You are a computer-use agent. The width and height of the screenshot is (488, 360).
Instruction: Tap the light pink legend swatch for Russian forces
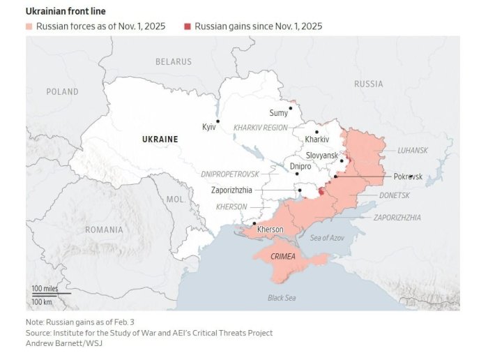30,27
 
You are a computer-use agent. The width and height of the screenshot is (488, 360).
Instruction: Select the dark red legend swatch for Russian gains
188,27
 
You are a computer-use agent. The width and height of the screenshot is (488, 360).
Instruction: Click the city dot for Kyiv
218,121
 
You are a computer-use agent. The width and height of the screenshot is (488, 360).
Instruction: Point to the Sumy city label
278,113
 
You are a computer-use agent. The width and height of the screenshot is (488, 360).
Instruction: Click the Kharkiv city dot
317,132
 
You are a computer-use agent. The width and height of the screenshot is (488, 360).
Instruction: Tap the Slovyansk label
322,154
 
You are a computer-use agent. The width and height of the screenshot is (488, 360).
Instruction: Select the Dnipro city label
300,166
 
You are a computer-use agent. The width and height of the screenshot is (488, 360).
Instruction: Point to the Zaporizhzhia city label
231,190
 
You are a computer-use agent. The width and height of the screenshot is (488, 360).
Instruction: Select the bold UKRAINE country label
160,140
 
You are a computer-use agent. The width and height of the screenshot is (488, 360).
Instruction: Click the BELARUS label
173,62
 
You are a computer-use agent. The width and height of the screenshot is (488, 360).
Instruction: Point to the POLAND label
62,92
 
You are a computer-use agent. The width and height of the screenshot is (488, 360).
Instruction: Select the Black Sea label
282,298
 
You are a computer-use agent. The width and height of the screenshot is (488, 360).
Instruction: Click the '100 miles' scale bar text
45,288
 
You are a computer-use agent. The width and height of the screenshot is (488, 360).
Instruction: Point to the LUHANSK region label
413,150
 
